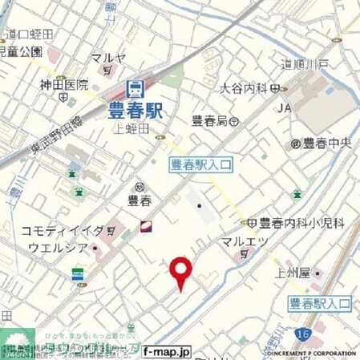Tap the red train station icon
pos(135,91)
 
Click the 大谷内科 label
pos(243,87)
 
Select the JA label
pos(285,107)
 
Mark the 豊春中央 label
pos(326,144)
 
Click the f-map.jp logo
pos(167,351)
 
